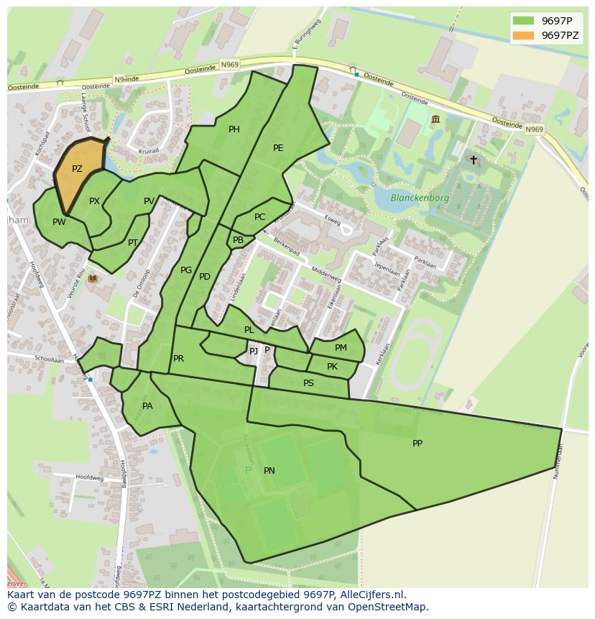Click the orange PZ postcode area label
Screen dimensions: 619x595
[77, 169]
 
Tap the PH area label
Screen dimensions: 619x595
[234, 129]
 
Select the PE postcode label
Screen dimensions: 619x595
[278, 148]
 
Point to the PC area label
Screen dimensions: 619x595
[259, 217]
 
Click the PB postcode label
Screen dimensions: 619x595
[238, 240]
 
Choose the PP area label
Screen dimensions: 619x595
[418, 444]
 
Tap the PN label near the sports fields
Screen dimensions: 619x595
[269, 471]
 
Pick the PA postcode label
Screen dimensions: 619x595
[147, 406]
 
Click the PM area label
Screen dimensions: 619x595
[341, 348]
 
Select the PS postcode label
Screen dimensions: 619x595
[308, 383]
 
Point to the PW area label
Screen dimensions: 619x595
[59, 222]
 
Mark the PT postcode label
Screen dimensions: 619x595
[132, 243]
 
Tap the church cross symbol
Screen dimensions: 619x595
[473, 160]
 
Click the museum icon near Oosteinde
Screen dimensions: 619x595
[435, 119]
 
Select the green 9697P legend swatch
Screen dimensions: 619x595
[524, 20]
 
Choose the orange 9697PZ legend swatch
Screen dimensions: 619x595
[524, 35]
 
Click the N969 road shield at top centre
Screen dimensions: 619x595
[230, 65]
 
